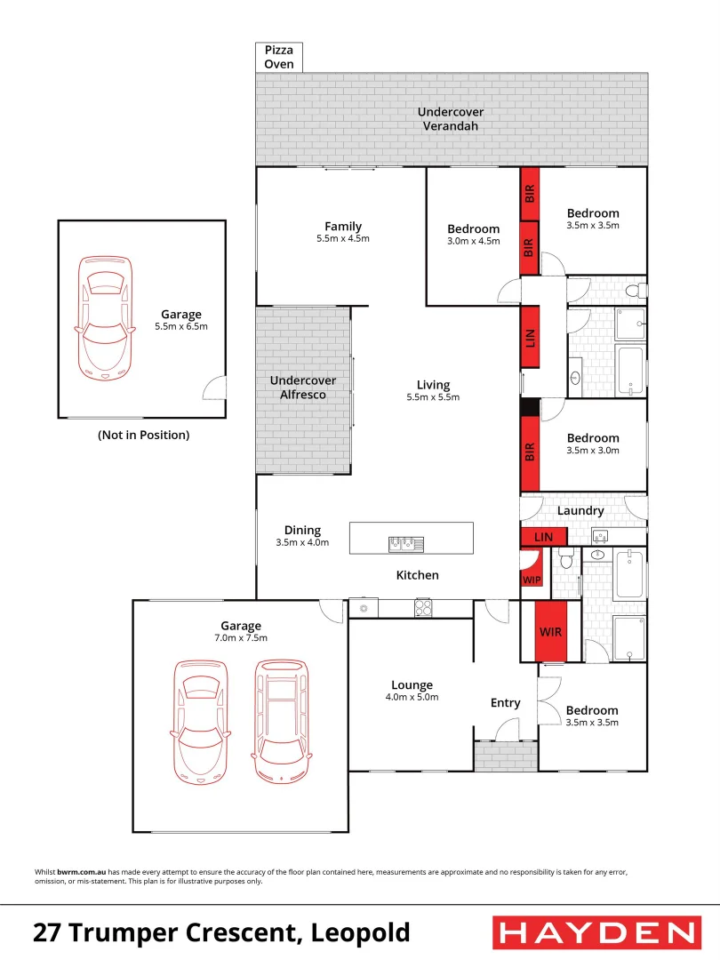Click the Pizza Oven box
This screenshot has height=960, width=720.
point(279,58)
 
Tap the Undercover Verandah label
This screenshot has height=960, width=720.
point(451,119)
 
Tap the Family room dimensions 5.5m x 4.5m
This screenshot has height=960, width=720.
point(343,239)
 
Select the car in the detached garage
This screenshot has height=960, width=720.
point(105,315)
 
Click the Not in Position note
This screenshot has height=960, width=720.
point(143,436)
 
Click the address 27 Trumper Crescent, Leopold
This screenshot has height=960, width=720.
point(221,932)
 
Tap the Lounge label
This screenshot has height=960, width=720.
point(412,685)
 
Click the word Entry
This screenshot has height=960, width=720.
point(505,703)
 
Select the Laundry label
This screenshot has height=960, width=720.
point(580,511)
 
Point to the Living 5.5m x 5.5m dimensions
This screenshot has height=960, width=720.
point(434,397)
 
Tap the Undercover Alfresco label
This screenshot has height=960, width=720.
point(303,388)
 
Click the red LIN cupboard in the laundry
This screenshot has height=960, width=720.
point(543,537)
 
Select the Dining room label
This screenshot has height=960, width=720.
point(302,531)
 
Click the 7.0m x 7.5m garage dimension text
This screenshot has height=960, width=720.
point(242,638)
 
